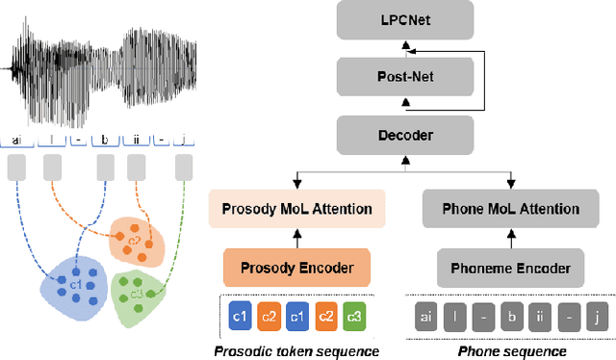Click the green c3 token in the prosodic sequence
(355, 316)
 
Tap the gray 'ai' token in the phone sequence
(426, 316)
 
